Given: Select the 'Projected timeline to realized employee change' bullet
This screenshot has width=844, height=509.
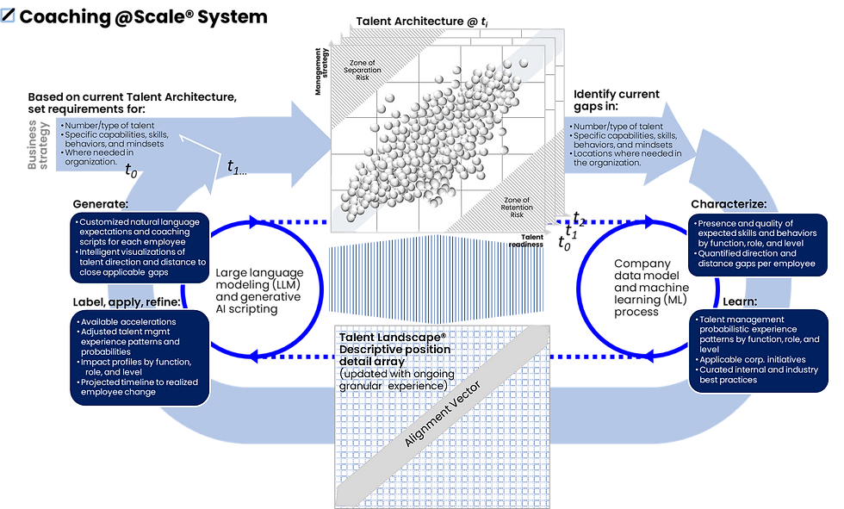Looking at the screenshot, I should (137, 388).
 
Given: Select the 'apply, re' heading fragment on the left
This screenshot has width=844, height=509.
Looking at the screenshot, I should (139, 303).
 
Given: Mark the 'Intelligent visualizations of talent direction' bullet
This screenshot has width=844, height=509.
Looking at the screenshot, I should (138, 262).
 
